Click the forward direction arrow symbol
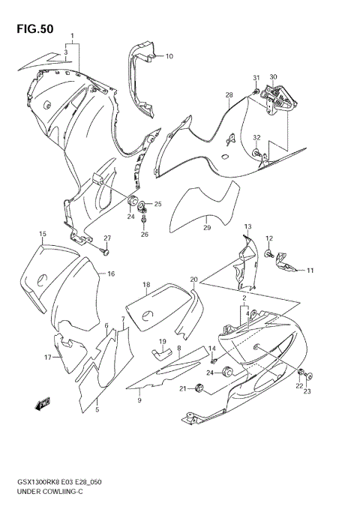pyautogui.click(x=42, y=406)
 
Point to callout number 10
pyautogui.click(x=169, y=56)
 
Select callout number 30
pyautogui.click(x=273, y=76)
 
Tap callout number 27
pyautogui.click(x=107, y=238)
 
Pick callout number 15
pyautogui.click(x=43, y=234)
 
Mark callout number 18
pyautogui.click(x=147, y=284)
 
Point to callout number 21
pyautogui.click(x=182, y=388)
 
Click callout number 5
pyautogui.click(x=95, y=410)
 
